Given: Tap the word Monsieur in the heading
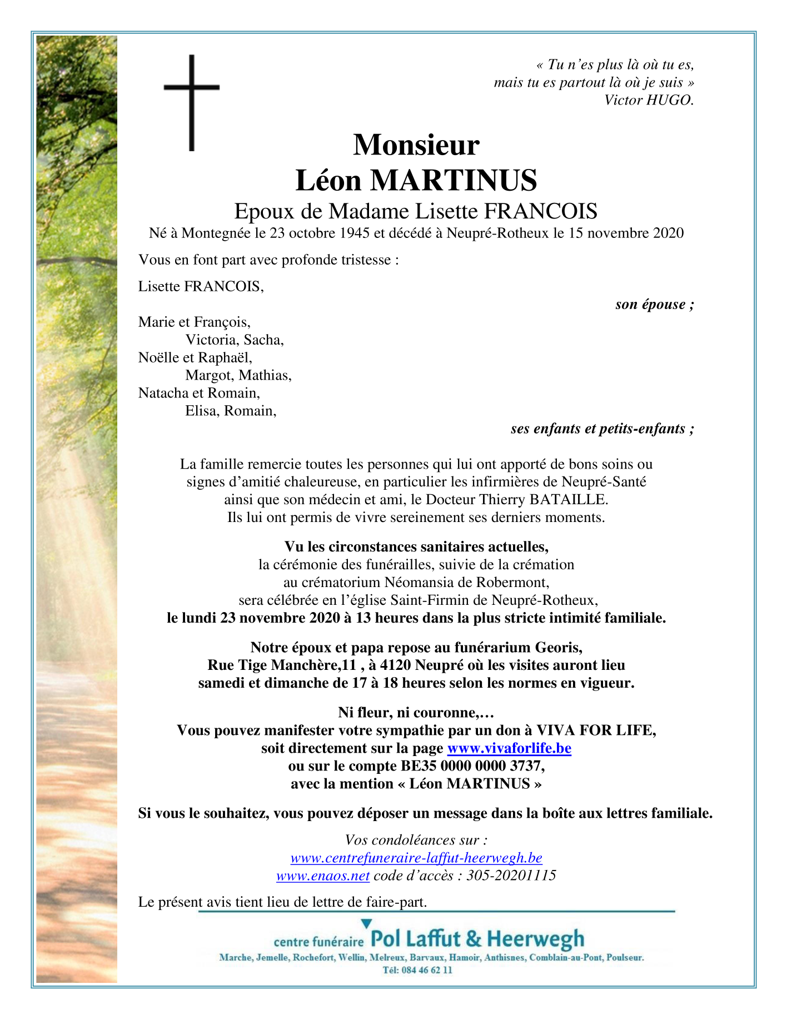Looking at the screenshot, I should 416,145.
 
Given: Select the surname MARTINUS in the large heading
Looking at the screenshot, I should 453,181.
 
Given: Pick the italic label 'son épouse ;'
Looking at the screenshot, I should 655,305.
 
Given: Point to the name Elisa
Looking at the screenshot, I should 201,411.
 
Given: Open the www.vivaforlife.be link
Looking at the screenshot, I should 509,748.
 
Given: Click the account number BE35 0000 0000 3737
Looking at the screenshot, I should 471,766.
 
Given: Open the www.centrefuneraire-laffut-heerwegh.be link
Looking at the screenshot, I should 416,858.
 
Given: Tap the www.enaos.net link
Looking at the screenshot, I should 323,876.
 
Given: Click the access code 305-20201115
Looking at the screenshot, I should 511,876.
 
